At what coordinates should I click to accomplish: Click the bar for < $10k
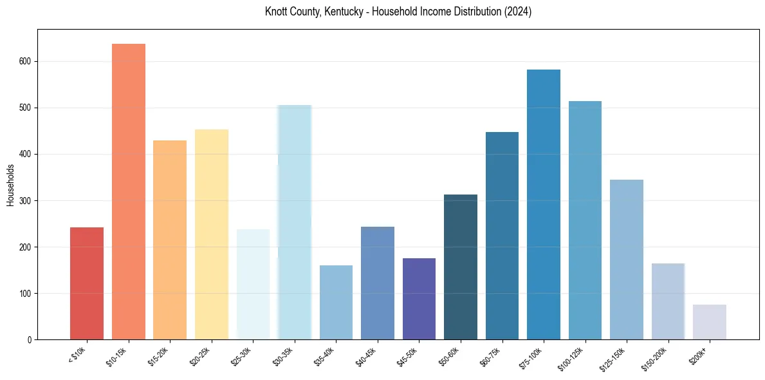tap(87, 283)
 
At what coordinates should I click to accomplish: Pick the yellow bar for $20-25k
tap(212, 234)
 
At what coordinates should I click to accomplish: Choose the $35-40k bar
tap(336, 303)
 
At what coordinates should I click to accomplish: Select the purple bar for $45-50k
tap(419, 299)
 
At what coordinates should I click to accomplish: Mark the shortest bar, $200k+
tap(710, 322)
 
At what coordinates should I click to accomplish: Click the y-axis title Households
tap(11, 185)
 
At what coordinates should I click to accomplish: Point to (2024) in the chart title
tap(517, 12)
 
